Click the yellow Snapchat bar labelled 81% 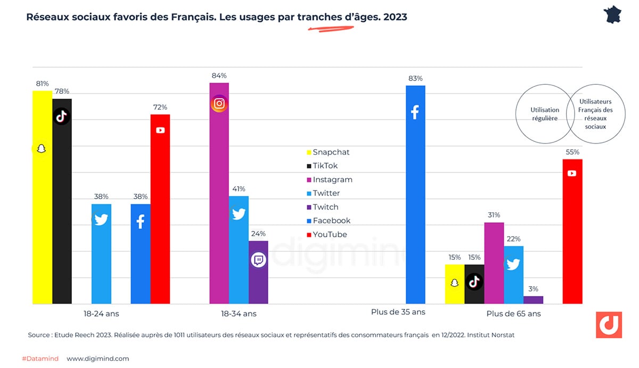coord(42,197)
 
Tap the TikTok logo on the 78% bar coord(62,116)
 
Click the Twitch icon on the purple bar coord(258,260)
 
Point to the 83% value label coord(415,78)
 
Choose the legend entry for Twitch coord(325,207)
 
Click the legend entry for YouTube coord(329,235)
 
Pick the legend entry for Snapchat coord(330,152)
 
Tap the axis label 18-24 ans coord(101,314)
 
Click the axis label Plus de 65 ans coord(513,314)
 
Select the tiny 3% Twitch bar coord(533,300)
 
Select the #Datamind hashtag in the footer coord(40,359)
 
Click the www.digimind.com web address coord(97,359)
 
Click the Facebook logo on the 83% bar coord(415,112)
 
